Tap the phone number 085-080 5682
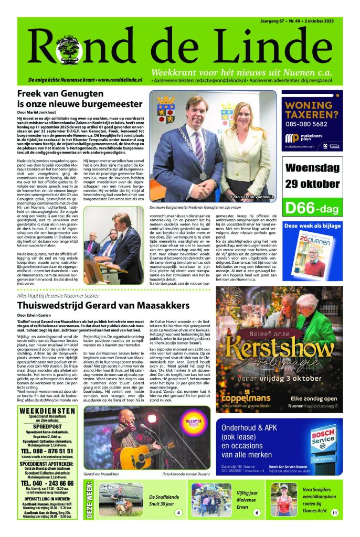[x=312, y=125]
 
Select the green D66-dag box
[x=313, y=207]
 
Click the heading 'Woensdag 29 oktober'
[x=313, y=176]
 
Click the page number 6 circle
[x=257, y=512]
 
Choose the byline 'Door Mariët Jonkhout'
[x=38, y=113]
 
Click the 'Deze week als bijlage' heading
[x=312, y=226]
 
